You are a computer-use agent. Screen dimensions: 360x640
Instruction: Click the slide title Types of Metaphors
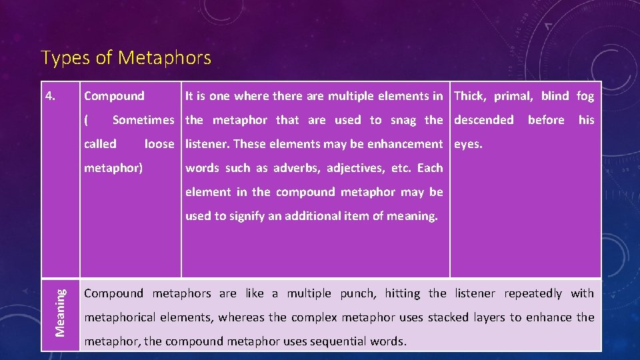(126, 58)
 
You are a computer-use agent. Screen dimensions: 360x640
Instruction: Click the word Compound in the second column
(114, 96)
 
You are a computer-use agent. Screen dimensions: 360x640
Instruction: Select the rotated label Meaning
(61, 311)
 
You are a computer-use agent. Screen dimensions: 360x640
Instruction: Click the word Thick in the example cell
(470, 96)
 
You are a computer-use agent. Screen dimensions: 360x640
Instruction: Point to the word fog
(585, 96)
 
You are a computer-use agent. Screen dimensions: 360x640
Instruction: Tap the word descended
(484, 120)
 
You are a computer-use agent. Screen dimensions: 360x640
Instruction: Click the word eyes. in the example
(468, 144)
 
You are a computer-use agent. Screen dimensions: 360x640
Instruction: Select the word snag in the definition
(403, 120)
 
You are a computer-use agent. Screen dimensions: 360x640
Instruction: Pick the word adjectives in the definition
(353, 168)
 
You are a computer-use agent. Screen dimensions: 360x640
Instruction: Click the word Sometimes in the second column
(143, 120)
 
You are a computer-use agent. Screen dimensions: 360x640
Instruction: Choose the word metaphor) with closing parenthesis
(113, 168)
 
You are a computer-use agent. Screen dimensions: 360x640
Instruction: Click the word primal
(512, 96)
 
